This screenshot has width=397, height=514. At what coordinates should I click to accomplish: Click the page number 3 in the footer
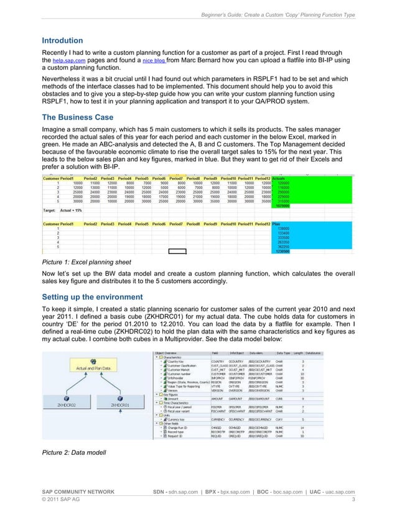[353, 500]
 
